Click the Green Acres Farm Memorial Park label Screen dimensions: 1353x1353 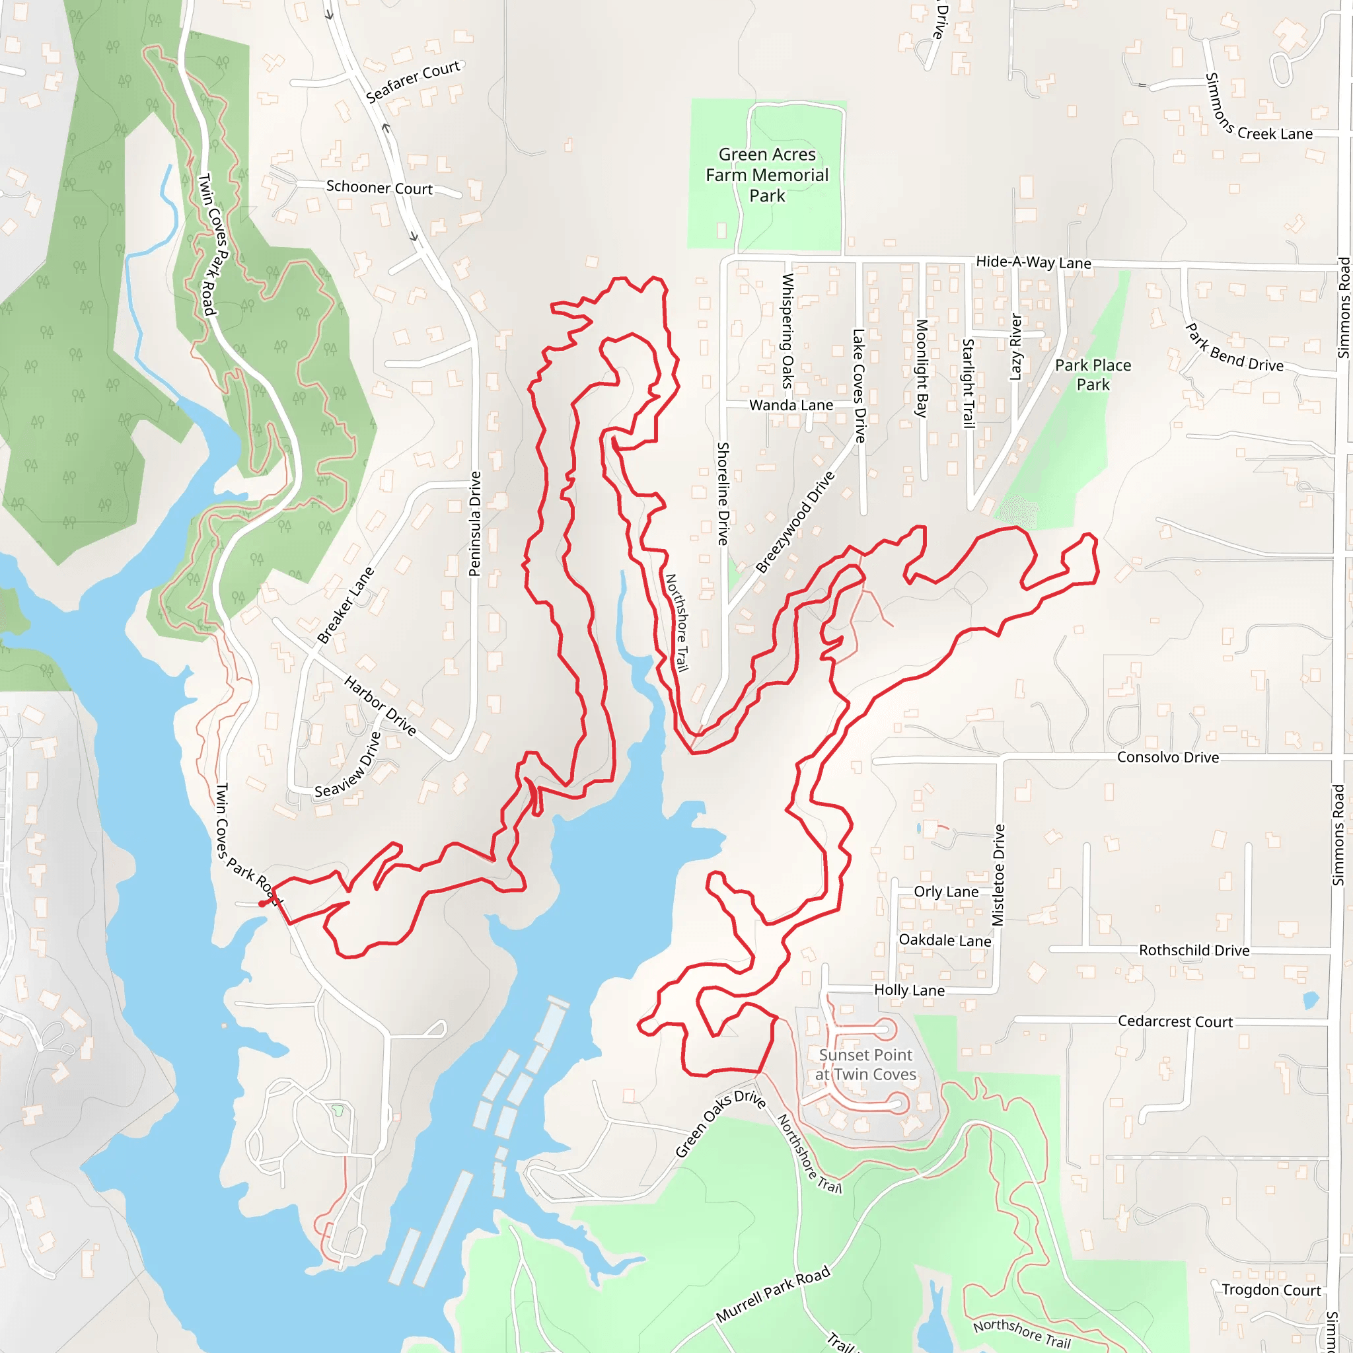(x=767, y=175)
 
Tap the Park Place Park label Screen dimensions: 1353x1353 (x=1093, y=375)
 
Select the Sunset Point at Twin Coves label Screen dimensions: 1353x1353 (x=865, y=1064)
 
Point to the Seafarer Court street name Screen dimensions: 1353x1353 (x=413, y=81)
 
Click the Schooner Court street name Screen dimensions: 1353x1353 (x=380, y=188)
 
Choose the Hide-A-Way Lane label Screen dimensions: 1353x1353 (x=1034, y=263)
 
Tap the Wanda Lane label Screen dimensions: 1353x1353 (x=791, y=406)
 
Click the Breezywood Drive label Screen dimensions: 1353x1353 (x=795, y=523)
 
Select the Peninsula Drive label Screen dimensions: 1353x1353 (x=475, y=524)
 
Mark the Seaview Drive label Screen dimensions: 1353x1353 (x=348, y=766)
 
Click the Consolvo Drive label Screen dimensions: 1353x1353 (x=1168, y=757)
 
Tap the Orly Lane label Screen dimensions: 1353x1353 (x=946, y=891)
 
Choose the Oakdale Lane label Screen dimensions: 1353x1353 (x=945, y=940)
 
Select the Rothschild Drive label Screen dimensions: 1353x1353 (x=1194, y=950)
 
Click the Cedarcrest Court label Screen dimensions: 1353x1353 (x=1175, y=1021)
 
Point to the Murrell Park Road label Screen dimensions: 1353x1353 (x=773, y=1294)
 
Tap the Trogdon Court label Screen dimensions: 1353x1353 (x=1271, y=1290)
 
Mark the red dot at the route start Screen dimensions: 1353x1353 (x=262, y=903)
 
